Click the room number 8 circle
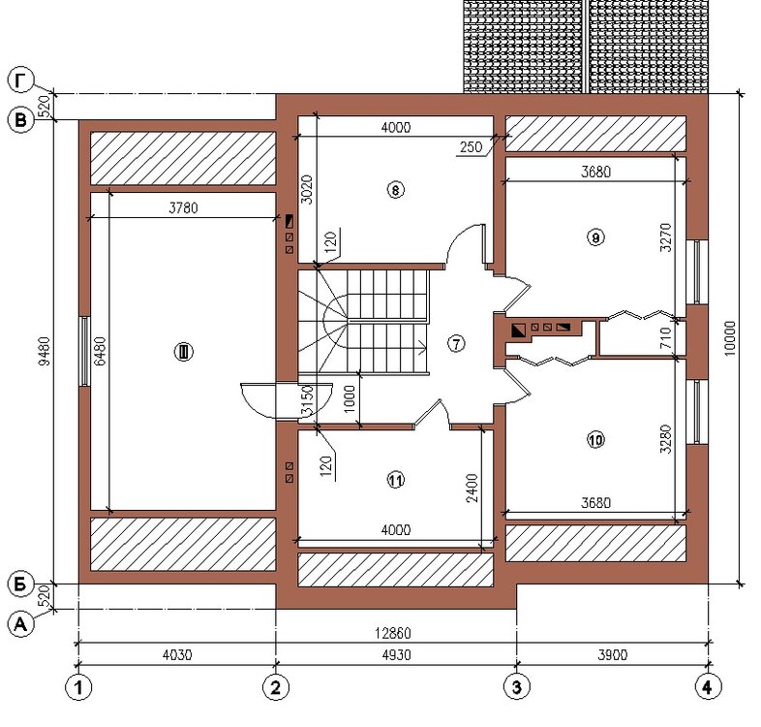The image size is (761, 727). pos(396,190)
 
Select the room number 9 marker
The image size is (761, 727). pos(596,237)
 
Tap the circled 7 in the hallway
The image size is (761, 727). pos(456,343)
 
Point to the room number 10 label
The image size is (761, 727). pos(596,440)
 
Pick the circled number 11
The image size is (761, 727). pos(396,480)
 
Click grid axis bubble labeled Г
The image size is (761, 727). pos(20,80)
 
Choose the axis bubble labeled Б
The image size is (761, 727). pos(20,585)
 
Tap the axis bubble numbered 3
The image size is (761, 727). pos(517,687)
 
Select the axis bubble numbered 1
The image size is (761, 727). pos(78,687)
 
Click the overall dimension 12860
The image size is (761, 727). pos(393,633)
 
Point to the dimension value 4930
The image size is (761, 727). pos(397,655)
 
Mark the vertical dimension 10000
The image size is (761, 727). pos(730,338)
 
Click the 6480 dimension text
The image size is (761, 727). pos(100,351)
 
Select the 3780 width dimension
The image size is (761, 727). pos(183,208)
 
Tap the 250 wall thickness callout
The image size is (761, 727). pos(471,146)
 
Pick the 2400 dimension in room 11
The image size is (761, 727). pos(472,488)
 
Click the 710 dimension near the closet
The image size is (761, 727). pos(666,337)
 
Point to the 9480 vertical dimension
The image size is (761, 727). pos(45,351)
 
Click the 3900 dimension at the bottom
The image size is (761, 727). pos(613,655)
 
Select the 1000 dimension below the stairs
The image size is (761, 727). pos(350,399)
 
